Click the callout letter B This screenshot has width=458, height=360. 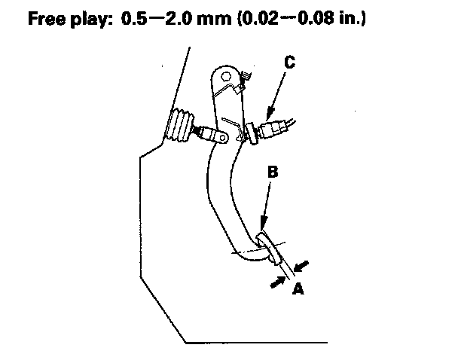273,172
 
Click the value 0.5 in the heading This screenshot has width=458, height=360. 136,19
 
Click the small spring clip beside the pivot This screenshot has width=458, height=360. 245,76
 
